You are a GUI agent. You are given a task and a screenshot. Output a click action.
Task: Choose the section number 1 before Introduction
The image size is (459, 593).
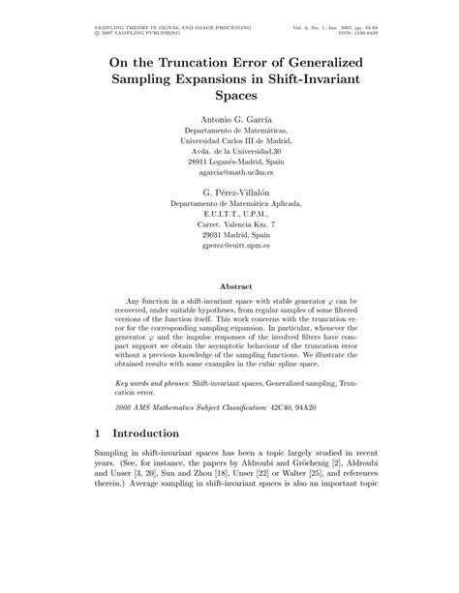click(x=99, y=433)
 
